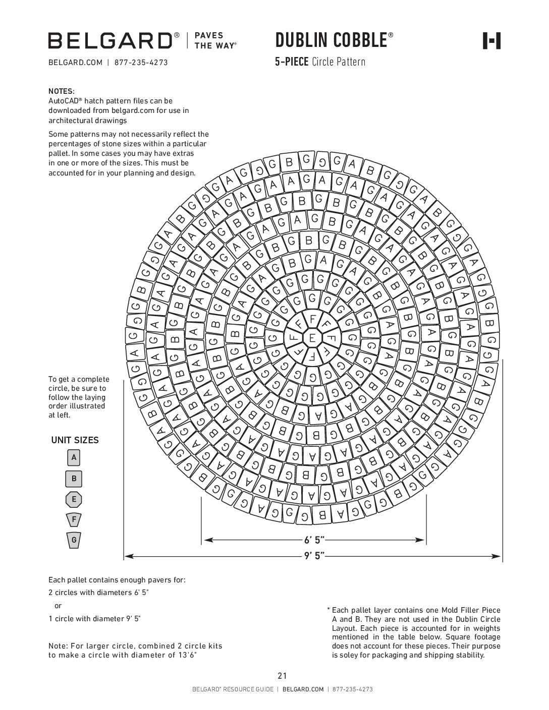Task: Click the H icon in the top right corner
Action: coord(492,41)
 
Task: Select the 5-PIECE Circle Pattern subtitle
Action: coord(320,62)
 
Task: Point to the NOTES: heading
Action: coord(62,91)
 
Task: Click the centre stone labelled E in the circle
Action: coord(312,338)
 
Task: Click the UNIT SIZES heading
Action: coord(75,440)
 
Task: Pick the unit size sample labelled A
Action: coord(74,458)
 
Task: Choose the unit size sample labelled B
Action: coord(74,479)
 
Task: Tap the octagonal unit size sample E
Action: coord(74,500)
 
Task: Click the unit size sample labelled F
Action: coord(74,519)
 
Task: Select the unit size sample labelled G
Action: coord(74,540)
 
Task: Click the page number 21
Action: coord(282,676)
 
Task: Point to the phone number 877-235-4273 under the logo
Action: coord(141,63)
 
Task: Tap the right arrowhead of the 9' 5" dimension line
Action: coord(497,557)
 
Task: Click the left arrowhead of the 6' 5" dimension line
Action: coord(207,540)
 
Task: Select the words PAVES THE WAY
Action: coord(215,41)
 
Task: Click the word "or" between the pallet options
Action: coord(58,606)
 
